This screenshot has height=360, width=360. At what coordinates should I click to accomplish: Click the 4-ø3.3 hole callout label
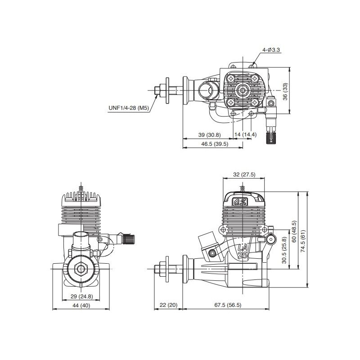pyautogui.click(x=271, y=49)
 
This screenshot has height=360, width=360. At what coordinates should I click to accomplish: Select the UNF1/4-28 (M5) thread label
pyautogui.click(x=129, y=108)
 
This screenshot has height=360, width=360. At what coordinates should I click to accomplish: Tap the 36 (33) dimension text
pyautogui.click(x=285, y=91)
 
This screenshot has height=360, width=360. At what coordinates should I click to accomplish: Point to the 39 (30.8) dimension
pyautogui.click(x=209, y=135)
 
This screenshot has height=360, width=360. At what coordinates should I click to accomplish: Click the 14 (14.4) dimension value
pyautogui.click(x=245, y=134)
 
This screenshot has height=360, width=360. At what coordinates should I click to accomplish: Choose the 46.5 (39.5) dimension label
pyautogui.click(x=215, y=144)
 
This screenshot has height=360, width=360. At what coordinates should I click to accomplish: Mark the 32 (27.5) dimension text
pyautogui.click(x=244, y=175)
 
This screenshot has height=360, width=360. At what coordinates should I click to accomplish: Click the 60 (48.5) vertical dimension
pyautogui.click(x=294, y=231)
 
